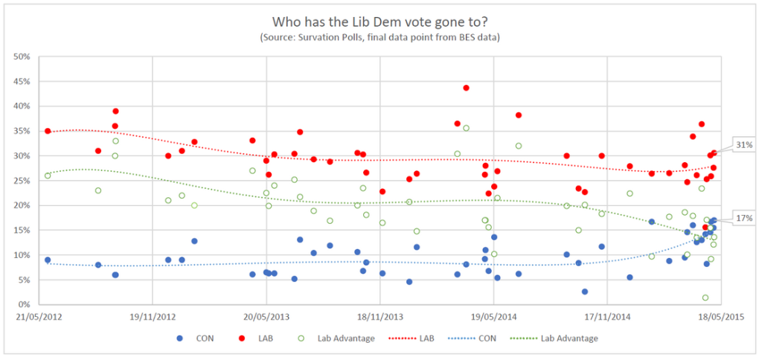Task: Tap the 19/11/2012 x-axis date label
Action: pyautogui.click(x=152, y=315)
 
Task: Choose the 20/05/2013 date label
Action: pyautogui.click(x=266, y=315)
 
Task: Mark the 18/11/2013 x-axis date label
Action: pyautogui.click(x=380, y=315)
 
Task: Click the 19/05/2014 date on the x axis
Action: pyautogui.click(x=493, y=315)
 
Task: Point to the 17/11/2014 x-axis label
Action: pyautogui.click(x=607, y=315)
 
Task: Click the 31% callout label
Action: pyautogui.click(x=743, y=145)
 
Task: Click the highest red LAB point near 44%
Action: pyautogui.click(x=466, y=88)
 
